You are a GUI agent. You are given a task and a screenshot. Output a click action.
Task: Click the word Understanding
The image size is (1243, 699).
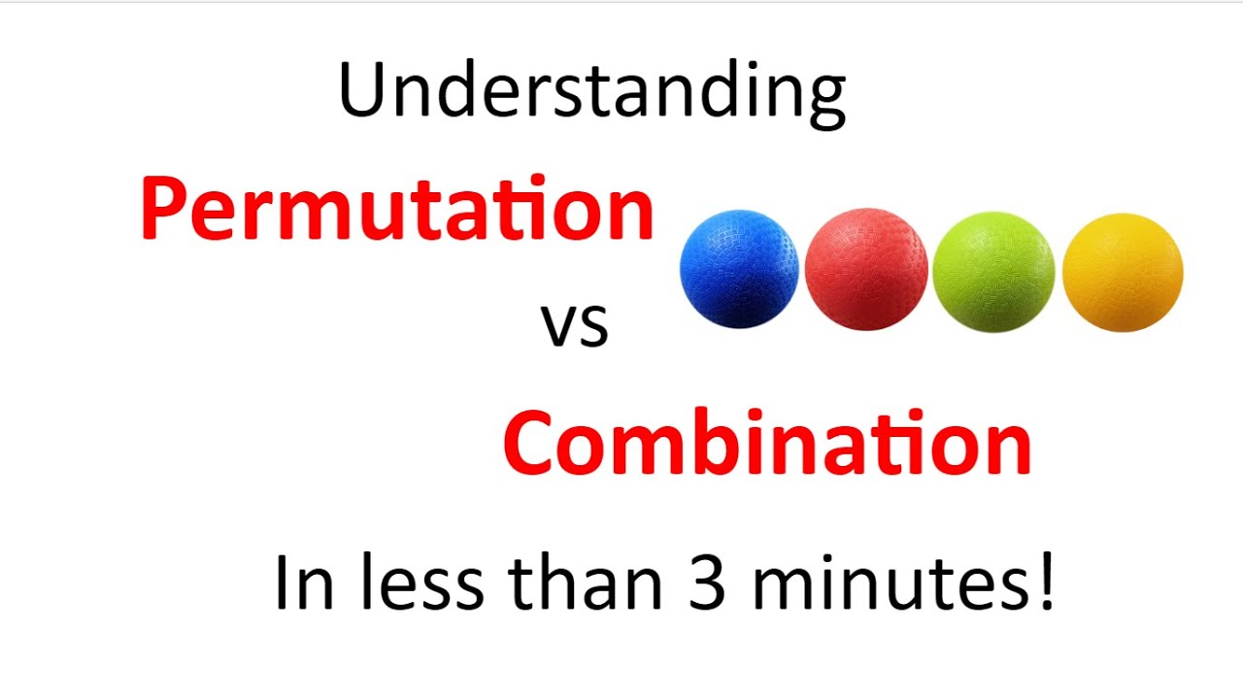click(x=591, y=91)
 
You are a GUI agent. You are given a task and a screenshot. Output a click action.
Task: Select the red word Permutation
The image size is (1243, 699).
click(x=397, y=210)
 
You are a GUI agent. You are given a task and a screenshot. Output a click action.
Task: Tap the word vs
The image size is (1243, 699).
click(x=574, y=325)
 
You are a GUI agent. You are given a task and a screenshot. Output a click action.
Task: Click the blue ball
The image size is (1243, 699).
click(x=739, y=270)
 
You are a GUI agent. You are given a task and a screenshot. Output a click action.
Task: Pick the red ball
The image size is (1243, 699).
click(x=866, y=270)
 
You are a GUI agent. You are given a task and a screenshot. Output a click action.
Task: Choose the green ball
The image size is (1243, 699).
click(x=992, y=272)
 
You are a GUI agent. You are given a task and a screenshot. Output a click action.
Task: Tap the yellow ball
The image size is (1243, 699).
click(x=1123, y=272)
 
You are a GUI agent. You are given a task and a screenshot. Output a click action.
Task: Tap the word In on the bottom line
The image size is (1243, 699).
click(x=300, y=582)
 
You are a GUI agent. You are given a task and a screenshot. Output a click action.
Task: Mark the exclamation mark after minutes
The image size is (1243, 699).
click(x=1046, y=581)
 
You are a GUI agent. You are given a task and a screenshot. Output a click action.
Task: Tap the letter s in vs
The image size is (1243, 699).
click(x=593, y=328)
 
